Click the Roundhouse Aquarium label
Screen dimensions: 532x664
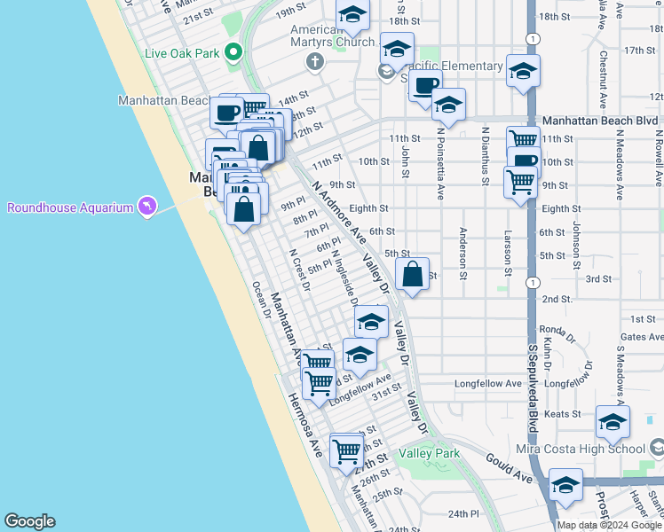pos(68,208)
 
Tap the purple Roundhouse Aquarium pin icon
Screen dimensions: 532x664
pos(146,207)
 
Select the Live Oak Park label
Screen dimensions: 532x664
pos(182,53)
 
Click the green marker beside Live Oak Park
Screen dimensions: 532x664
pos(233,52)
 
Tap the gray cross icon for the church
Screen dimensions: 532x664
pos(312,61)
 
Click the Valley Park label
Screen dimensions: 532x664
pos(430,453)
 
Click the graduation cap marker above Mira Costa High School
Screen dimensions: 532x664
pos(613,423)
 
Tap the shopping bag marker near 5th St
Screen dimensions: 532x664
pos(413,275)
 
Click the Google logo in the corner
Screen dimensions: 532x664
pos(29,521)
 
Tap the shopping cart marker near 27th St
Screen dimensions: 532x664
pos(345,450)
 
